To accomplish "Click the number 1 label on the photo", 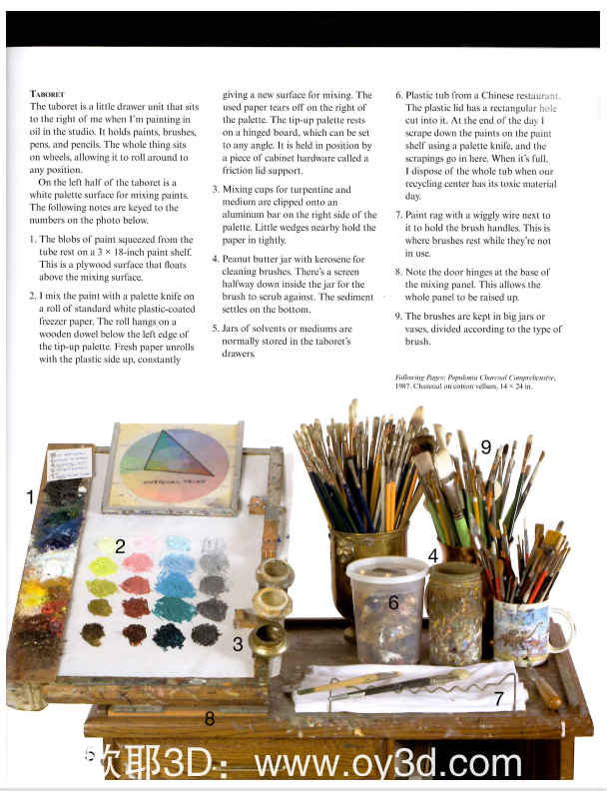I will [x=31, y=495].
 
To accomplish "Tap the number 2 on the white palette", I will [x=120, y=545].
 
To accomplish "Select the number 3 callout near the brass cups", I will [x=238, y=644].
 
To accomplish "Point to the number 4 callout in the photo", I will [x=433, y=555].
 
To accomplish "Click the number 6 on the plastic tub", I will [x=393, y=602].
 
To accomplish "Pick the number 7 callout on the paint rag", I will [x=498, y=699].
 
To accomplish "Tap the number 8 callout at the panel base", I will [x=209, y=717].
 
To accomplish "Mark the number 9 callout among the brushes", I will [x=486, y=447].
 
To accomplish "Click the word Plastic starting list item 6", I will [x=423, y=93].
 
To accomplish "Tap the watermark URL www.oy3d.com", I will [x=389, y=764].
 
